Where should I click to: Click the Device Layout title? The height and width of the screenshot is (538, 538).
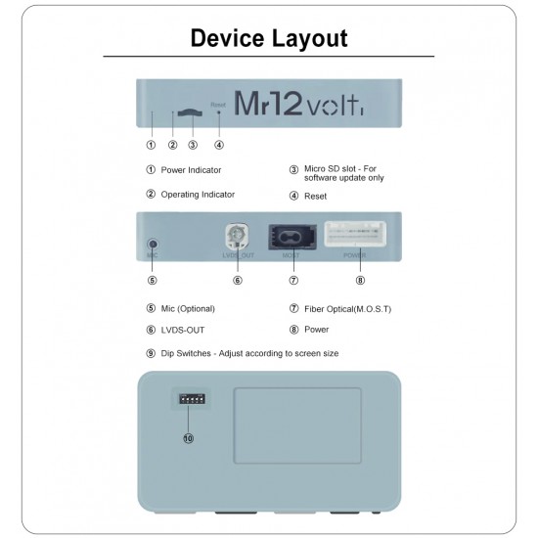click(x=268, y=39)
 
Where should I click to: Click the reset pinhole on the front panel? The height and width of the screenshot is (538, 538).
click(x=218, y=113)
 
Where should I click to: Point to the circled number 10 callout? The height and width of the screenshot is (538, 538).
click(x=188, y=438)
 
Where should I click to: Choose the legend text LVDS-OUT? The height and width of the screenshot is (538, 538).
click(x=183, y=330)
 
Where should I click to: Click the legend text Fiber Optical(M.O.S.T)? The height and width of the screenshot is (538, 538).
click(x=347, y=308)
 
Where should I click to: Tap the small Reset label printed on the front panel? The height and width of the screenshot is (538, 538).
click(x=218, y=103)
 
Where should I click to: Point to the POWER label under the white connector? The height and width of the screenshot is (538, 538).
click(x=354, y=255)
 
